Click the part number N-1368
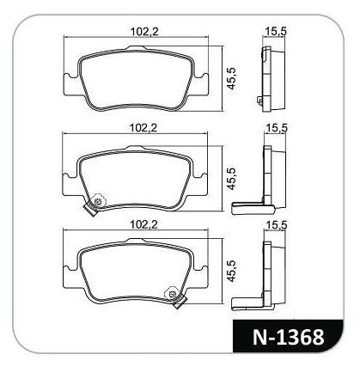pos(288,337)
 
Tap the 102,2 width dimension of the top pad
pos(144,31)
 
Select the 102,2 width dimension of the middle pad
pos(143,128)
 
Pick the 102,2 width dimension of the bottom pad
pos(143,225)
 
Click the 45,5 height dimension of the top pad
pos(231,78)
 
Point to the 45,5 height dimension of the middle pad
pos(231,178)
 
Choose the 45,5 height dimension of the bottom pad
pos(232,271)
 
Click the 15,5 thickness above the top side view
pos(275,31)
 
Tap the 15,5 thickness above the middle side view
pos(277,128)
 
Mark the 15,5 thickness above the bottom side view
pos(277,225)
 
